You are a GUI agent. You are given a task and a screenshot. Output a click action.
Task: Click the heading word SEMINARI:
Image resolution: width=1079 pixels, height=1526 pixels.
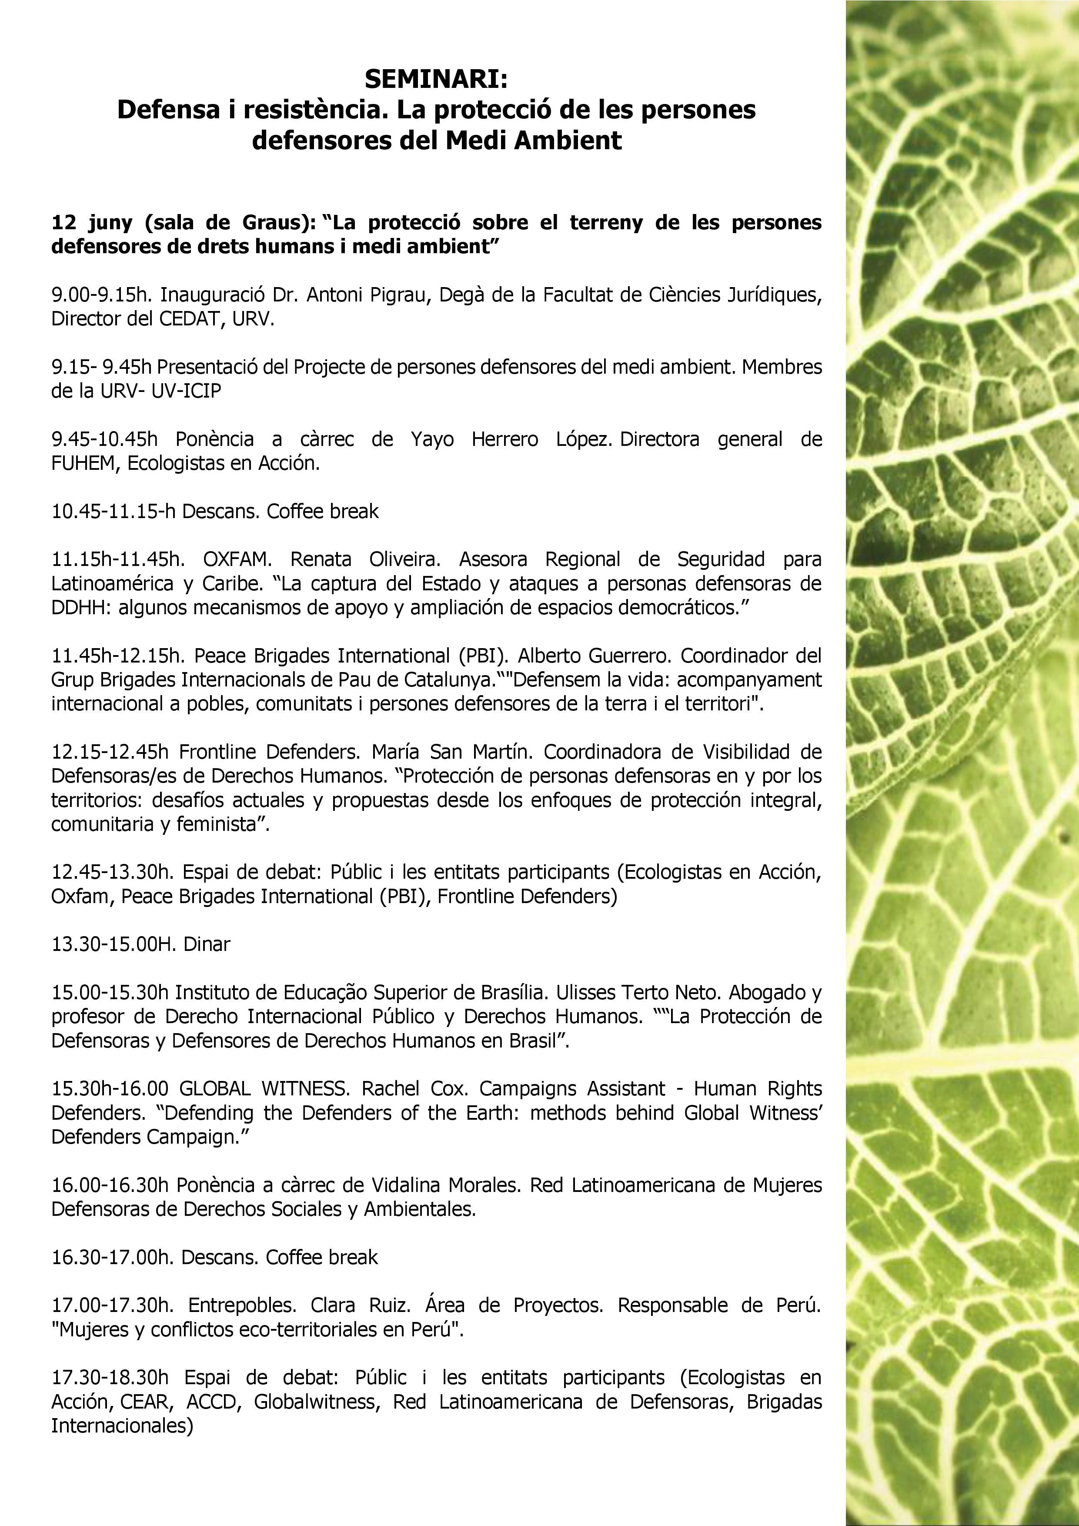[436, 80]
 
